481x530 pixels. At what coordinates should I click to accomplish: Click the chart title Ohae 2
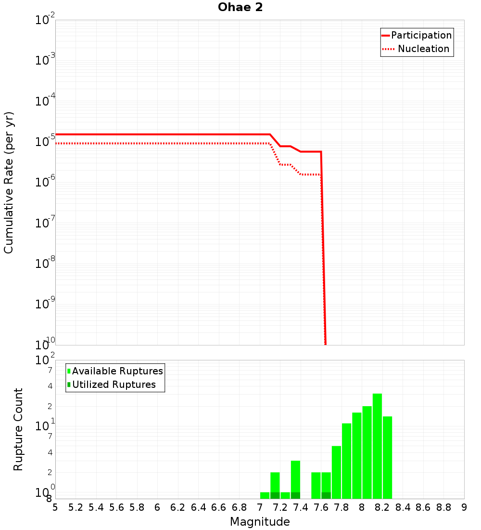coord(240,7)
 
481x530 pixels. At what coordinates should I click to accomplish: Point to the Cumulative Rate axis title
coord(9,183)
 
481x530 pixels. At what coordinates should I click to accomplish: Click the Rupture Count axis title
coord(18,429)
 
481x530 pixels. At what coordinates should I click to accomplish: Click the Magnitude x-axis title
coord(260,522)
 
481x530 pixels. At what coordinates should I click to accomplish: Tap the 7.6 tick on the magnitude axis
coord(321,507)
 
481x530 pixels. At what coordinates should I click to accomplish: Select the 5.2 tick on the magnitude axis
coord(76,507)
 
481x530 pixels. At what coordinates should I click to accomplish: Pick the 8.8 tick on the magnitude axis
coord(443,507)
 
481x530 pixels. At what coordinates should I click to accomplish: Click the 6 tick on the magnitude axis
coord(157,507)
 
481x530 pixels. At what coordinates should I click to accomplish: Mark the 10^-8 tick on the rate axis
coord(45,264)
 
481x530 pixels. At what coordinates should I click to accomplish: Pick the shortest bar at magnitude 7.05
coord(265,495)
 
